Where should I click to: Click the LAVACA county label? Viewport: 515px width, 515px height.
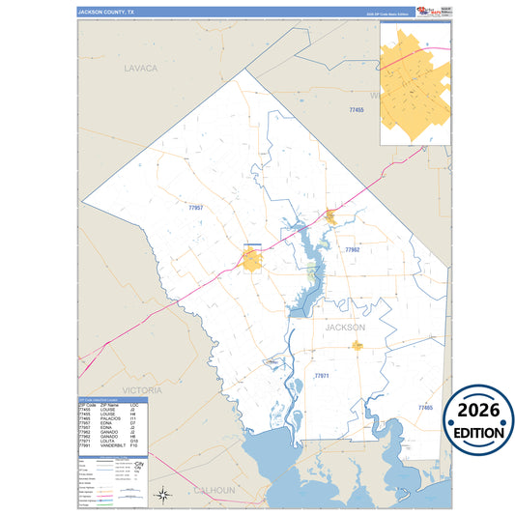click(x=140, y=69)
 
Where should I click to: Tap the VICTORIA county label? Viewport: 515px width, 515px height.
click(x=116, y=389)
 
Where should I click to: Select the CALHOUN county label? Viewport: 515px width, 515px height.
click(x=214, y=490)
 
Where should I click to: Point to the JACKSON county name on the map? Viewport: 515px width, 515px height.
click(x=345, y=328)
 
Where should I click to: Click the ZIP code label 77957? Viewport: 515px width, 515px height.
click(x=196, y=208)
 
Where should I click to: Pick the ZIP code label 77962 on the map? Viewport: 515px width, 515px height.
click(x=352, y=249)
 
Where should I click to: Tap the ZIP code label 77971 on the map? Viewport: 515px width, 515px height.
click(x=322, y=375)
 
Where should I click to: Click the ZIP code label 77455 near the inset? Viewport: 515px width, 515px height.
click(x=357, y=112)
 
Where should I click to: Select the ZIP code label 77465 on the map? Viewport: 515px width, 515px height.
click(x=425, y=408)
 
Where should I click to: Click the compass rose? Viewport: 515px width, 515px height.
click(x=164, y=496)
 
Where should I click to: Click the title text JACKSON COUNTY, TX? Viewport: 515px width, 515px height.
click(x=110, y=12)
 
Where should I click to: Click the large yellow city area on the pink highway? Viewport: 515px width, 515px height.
click(x=253, y=259)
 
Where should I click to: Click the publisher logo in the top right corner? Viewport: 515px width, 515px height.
click(x=434, y=11)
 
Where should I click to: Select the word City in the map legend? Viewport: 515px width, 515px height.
click(x=139, y=464)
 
